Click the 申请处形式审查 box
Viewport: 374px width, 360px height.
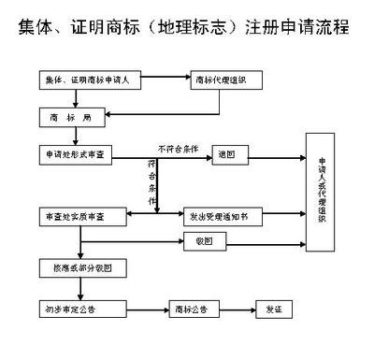click(78, 152)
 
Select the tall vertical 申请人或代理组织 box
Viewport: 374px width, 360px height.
click(323, 200)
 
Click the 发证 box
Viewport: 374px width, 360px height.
click(275, 308)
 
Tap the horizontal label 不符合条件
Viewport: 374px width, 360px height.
click(178, 147)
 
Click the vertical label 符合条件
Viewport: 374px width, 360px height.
click(152, 182)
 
